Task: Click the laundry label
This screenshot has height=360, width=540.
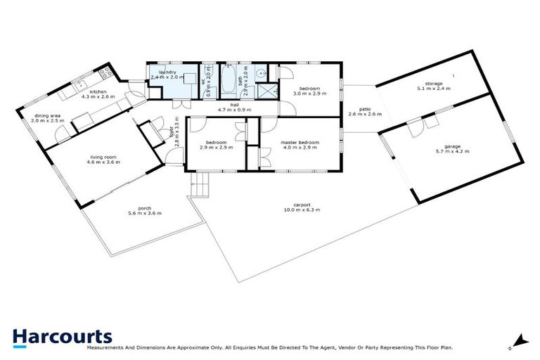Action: pos(167,72)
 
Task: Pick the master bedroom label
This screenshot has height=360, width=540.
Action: pos(300,143)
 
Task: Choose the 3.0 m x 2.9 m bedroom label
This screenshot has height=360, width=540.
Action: pos(309,89)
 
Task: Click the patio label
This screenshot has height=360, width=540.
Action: pos(364,109)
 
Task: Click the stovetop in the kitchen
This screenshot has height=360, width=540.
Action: pos(106,71)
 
